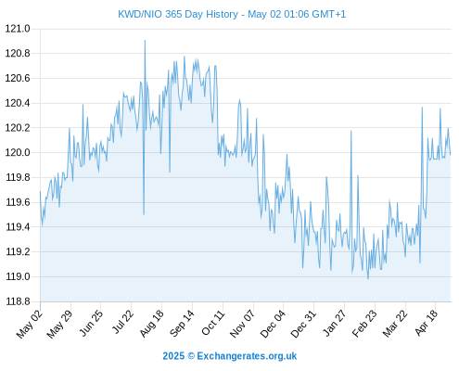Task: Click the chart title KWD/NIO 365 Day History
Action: pos(178,14)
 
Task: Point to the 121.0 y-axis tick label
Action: pos(18,29)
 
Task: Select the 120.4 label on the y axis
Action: pos(18,103)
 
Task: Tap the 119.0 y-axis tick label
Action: pos(18,276)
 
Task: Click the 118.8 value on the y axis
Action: pos(18,301)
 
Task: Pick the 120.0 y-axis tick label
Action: pos(18,153)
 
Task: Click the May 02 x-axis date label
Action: pos(29,324)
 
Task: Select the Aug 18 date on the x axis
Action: pos(151,324)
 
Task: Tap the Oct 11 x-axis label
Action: pos(212,323)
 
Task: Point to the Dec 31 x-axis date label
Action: pos(303,324)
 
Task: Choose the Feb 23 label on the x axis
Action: pos(364,324)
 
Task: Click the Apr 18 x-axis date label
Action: pos(427,323)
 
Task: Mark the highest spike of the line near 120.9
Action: pos(145,41)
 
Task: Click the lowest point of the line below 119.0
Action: pos(368,278)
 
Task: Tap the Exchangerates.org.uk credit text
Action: pos(247,356)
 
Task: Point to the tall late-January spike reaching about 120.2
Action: pos(351,131)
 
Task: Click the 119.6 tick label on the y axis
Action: pos(18,202)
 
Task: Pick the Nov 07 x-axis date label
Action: pos(242,324)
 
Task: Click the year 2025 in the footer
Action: pos(173,356)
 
